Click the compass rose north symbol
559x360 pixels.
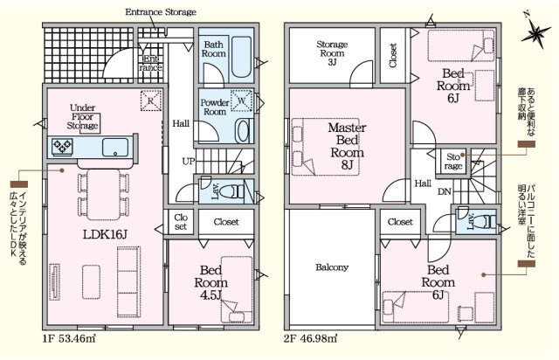point(535,33)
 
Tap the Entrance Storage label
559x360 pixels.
point(161,12)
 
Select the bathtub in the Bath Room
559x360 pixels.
point(241,57)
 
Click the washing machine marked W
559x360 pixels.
point(241,101)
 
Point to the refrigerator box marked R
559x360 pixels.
point(151,100)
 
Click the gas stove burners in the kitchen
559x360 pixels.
point(62,147)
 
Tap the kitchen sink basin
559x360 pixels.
point(115,148)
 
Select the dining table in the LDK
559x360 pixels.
point(104,195)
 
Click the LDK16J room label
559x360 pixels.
point(105,234)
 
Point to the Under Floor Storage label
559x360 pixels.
point(82,117)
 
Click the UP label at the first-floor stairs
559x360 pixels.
point(189,162)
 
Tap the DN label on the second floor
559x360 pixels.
point(445,192)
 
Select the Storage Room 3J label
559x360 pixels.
point(332,53)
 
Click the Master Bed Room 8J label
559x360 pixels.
point(347,146)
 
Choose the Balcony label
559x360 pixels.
point(332,267)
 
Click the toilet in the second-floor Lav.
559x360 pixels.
point(486,222)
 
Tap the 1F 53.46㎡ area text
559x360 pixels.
point(69,338)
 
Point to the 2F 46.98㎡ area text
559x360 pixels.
point(310,338)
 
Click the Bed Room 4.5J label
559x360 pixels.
point(211,282)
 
